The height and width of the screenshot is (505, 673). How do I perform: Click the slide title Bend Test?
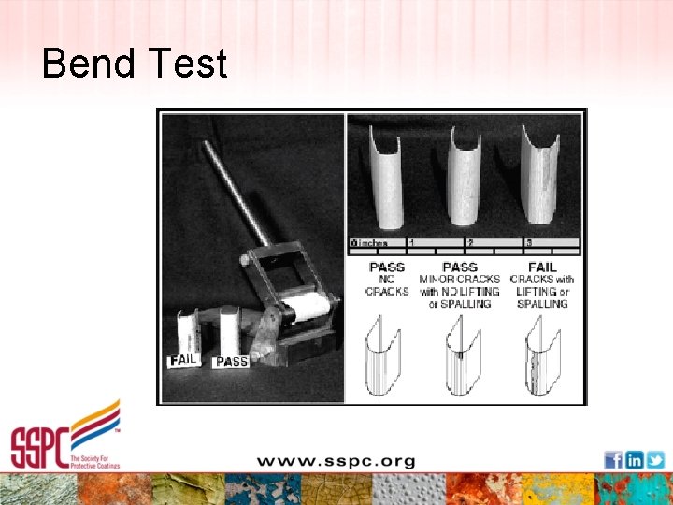coord(135,64)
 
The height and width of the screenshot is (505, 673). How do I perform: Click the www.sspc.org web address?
coord(336,461)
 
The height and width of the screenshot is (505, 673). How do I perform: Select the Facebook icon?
coord(613,459)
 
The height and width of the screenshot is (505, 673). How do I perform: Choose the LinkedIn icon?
coord(634,459)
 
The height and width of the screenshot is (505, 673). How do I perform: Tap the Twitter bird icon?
coord(655,459)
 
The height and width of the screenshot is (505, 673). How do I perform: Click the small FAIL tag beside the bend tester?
coord(183,360)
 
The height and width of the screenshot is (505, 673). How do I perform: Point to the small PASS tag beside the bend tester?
coord(231,361)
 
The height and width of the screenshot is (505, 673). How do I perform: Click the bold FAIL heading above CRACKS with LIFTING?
coord(542,267)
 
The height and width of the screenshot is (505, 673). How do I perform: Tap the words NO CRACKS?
coord(387,285)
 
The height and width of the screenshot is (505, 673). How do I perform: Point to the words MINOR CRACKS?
coord(460,280)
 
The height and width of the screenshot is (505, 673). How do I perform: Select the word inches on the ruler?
coord(374,243)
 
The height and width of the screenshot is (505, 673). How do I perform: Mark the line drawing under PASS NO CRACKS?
coord(384,356)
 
